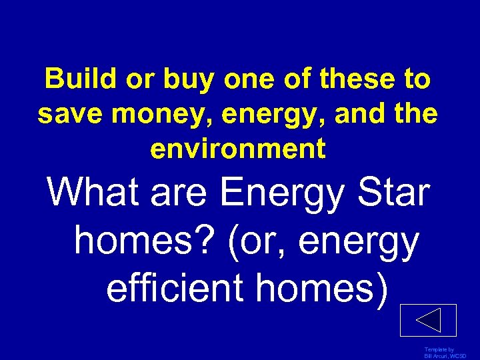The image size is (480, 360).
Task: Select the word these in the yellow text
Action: point(355,81)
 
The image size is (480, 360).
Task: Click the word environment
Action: point(238,149)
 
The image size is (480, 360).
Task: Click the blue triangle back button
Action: point(428,320)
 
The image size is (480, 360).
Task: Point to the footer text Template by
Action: point(439,350)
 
